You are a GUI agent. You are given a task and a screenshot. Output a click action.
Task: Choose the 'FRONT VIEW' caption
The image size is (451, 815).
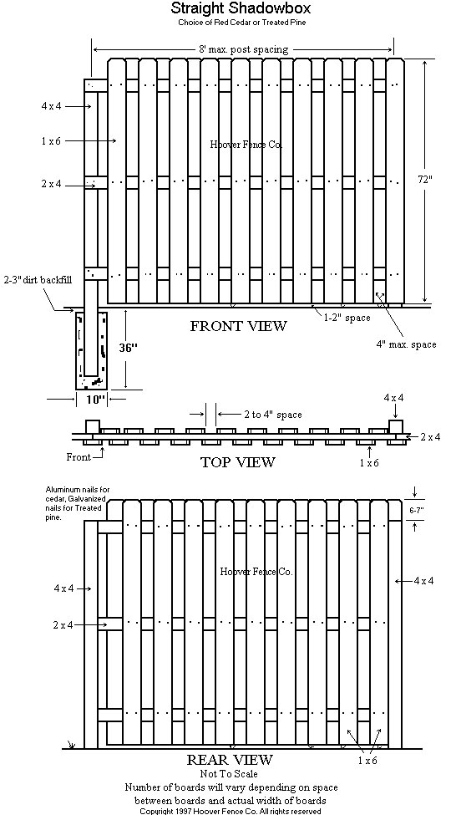click(x=238, y=326)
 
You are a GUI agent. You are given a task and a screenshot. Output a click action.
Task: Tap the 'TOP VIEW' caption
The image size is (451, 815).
click(x=237, y=462)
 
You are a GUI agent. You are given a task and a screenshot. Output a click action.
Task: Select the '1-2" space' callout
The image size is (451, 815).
click(x=346, y=318)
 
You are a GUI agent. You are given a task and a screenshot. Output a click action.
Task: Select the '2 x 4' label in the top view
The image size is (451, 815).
click(x=432, y=437)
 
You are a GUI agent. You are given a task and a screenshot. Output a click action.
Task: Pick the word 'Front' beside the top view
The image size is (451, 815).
click(x=79, y=457)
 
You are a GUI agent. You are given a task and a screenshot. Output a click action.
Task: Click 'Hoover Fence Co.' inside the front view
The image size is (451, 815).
click(x=246, y=145)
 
